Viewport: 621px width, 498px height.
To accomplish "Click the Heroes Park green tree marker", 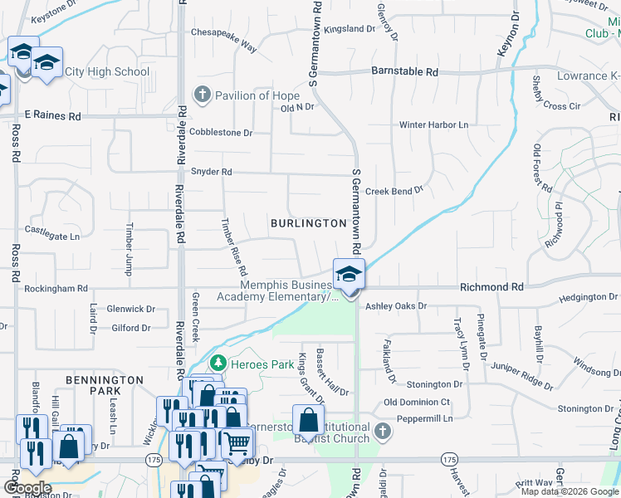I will (x=218, y=363).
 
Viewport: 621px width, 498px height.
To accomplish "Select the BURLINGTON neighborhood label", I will (x=308, y=223).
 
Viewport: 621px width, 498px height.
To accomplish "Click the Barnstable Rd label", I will (x=404, y=72).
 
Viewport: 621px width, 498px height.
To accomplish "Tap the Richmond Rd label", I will (x=492, y=287).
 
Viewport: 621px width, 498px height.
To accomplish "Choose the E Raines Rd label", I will (x=52, y=116).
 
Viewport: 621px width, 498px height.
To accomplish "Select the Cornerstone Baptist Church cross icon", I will (x=381, y=430).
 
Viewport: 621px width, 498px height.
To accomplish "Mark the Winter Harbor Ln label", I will (x=433, y=125).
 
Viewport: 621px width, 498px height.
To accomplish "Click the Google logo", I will (x=27, y=488).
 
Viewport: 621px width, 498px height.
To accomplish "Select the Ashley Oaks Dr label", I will (x=396, y=306).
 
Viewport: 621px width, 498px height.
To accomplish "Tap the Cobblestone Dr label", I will (x=220, y=133).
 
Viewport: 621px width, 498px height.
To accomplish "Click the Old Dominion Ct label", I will (x=417, y=403).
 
